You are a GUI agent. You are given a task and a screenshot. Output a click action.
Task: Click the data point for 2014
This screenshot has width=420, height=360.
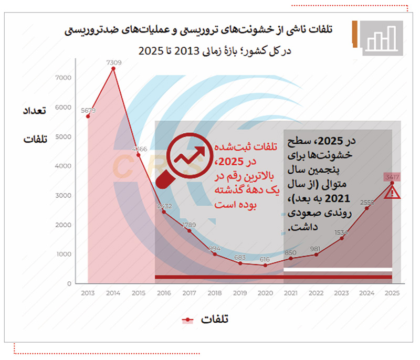point(113,68)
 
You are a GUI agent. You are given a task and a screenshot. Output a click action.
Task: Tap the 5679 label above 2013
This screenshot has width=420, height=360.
point(88,110)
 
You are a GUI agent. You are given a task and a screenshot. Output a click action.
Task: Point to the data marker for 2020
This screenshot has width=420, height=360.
point(265,266)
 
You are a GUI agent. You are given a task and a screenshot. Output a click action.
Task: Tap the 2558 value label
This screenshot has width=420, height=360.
point(367,202)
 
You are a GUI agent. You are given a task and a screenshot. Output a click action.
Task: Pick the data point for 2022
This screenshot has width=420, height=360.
point(316,255)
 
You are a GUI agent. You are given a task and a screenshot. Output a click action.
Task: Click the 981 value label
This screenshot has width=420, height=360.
point(316,249)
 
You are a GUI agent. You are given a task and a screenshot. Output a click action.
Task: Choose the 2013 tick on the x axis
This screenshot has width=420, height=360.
point(88,294)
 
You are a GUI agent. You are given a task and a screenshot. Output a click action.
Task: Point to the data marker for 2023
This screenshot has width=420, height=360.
point(341,238)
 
